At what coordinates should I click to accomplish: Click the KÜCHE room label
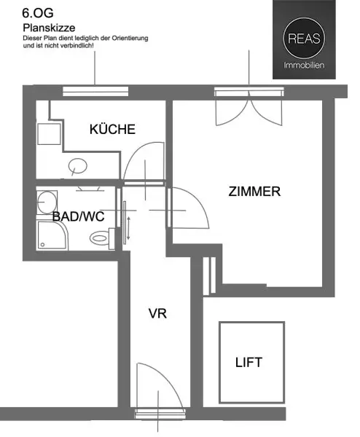pyautogui.click(x=112, y=130)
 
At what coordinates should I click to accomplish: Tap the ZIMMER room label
pyautogui.click(x=254, y=192)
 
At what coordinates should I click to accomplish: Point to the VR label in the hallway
pyautogui.click(x=158, y=315)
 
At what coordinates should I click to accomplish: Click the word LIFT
pyautogui.click(x=248, y=362)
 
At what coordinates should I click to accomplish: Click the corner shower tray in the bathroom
pyautogui.click(x=53, y=234)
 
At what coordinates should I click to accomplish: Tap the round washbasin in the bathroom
pyautogui.click(x=47, y=199)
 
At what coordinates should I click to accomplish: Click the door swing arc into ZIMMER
pyautogui.click(x=186, y=207)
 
